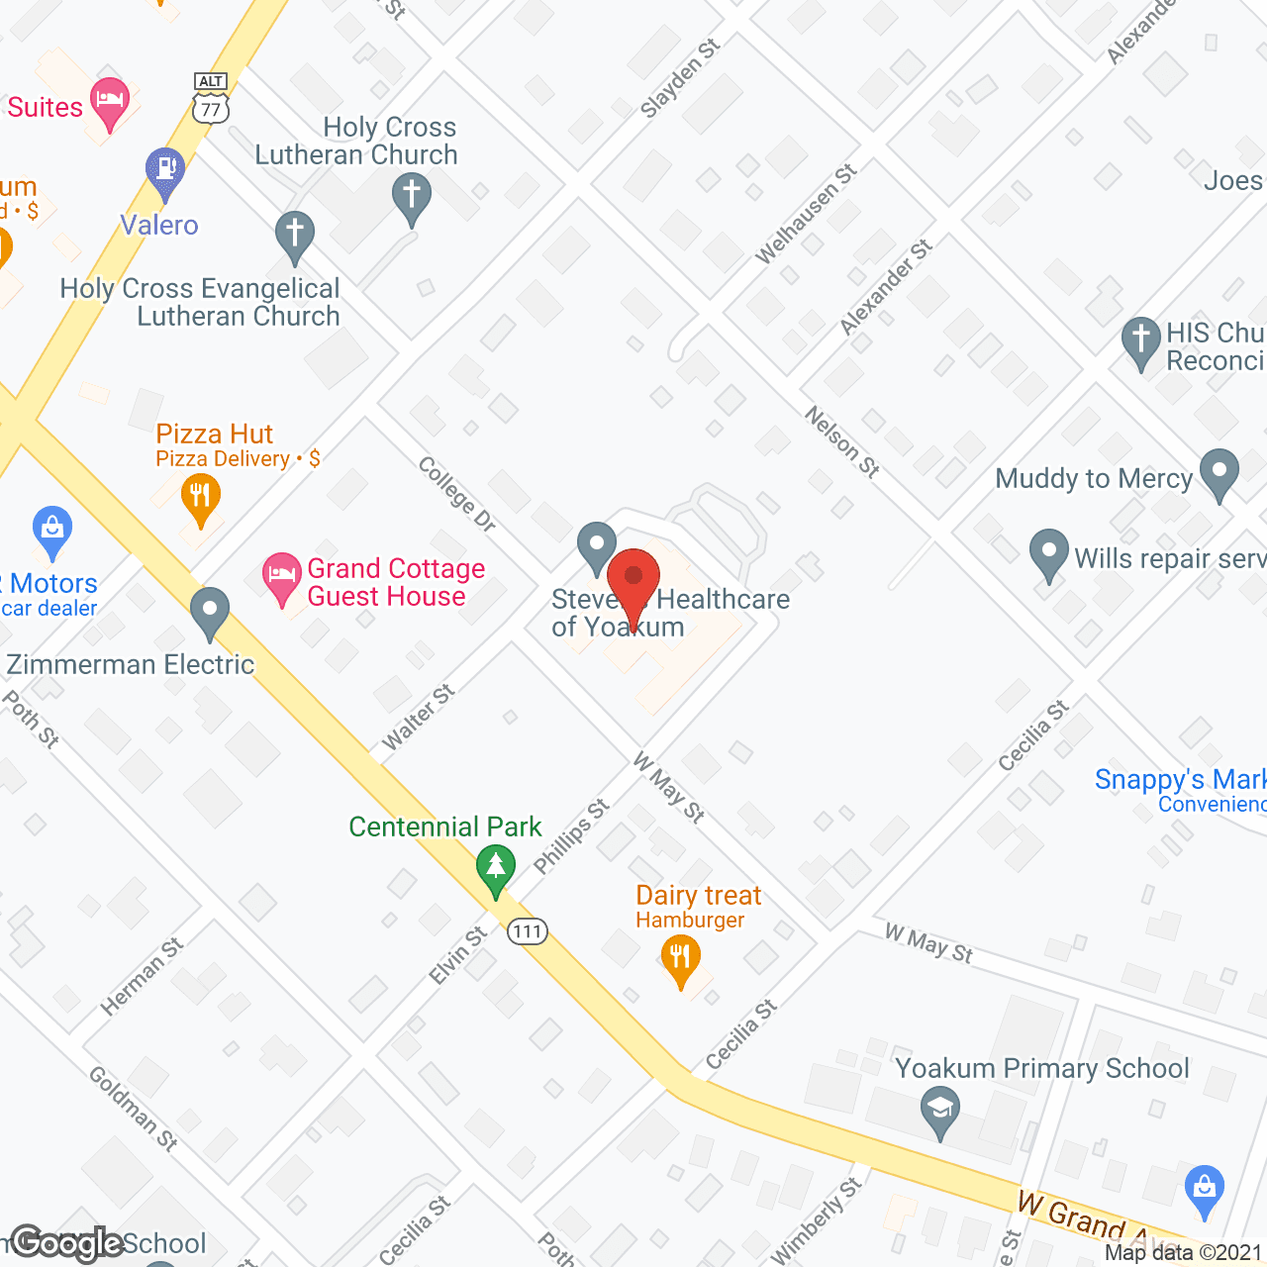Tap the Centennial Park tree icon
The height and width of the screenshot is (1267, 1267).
coord(496,867)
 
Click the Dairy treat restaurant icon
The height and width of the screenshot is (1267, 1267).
coord(680,958)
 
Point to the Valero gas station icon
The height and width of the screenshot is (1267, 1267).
coord(165,170)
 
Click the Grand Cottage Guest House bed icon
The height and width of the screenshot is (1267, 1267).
coord(282,576)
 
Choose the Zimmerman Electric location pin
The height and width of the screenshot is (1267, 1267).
coord(209,610)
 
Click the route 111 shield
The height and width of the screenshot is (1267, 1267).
coord(528,931)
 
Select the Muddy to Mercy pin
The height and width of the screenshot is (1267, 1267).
coord(1219,472)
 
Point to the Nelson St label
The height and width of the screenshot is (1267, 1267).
coord(842,442)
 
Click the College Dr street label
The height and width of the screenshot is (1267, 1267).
coord(457,494)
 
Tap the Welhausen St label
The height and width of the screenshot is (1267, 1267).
coord(807,214)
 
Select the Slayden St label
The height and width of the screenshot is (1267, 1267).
coord(680,79)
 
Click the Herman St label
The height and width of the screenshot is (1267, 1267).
coord(143,977)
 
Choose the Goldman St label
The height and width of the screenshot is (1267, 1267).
coord(134,1109)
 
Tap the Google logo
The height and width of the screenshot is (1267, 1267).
coord(67,1244)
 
